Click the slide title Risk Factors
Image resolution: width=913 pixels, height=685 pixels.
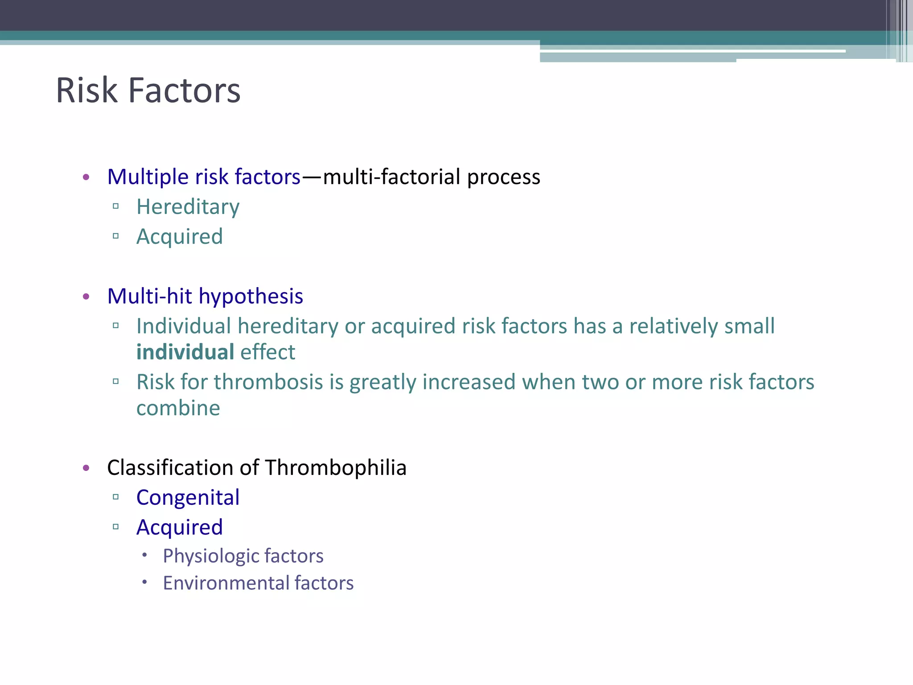[x=148, y=91]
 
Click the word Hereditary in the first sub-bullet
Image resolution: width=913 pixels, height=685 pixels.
[x=188, y=207]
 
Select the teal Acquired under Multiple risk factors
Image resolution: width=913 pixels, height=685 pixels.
[x=179, y=237]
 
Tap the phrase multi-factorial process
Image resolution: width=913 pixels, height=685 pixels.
[x=431, y=177]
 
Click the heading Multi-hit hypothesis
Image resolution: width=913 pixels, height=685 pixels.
[x=205, y=297]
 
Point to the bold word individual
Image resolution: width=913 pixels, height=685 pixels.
[x=185, y=352]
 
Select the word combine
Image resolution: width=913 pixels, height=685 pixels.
[x=178, y=409]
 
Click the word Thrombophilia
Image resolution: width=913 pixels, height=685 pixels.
[x=336, y=468]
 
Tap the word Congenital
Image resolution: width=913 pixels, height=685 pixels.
[x=188, y=498]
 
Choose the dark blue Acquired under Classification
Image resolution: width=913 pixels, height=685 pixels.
[x=179, y=528]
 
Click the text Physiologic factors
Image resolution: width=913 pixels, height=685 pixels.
[x=243, y=556]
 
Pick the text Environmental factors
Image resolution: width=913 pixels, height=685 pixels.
[x=258, y=583]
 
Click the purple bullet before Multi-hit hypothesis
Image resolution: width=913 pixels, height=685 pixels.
[x=86, y=297]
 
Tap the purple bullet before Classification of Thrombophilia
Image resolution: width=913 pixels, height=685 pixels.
[x=86, y=468]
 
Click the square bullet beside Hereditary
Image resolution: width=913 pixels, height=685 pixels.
[x=116, y=206]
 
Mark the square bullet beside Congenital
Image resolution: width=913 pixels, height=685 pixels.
[x=116, y=497]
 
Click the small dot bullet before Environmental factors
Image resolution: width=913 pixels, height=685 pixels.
[x=144, y=582]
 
